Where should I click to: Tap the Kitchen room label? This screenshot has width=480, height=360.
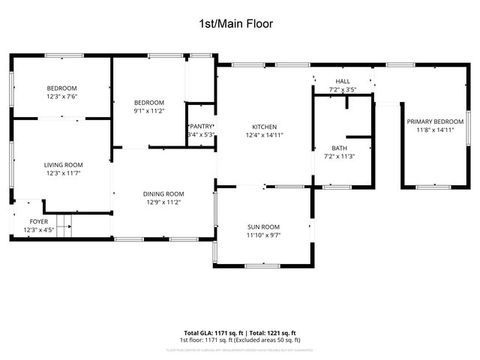tap(265, 127)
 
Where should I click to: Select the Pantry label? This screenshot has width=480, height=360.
tap(201, 126)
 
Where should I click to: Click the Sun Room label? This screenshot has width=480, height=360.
tap(263, 226)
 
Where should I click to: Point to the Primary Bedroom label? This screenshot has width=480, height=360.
tap(435, 121)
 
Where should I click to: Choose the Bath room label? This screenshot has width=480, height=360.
tap(340, 148)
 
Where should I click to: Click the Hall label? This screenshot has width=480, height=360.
tap(343, 81)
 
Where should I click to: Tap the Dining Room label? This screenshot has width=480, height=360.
tap(163, 193)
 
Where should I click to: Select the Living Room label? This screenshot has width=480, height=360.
tap(63, 165)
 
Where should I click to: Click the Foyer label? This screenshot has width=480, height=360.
tap(38, 221)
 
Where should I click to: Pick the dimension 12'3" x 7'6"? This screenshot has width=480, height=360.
tap(63, 97)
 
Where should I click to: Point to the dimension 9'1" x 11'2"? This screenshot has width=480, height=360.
tap(148, 111)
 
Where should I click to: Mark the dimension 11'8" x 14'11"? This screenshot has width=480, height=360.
tap(435, 130)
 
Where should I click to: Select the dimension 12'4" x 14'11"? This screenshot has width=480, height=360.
tap(265, 136)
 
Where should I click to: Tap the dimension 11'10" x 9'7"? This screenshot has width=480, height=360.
tap(263, 235)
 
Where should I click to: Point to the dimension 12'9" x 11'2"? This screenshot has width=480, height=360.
tap(163, 202)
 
